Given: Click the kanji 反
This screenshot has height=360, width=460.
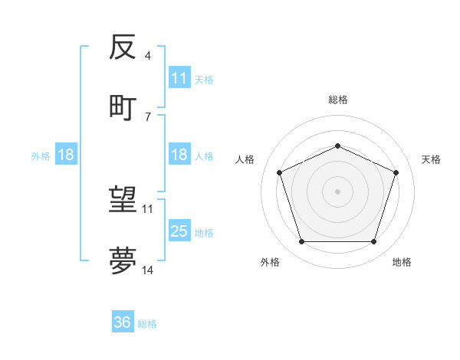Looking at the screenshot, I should (x=123, y=48).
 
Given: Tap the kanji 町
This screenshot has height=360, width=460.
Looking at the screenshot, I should (x=123, y=106).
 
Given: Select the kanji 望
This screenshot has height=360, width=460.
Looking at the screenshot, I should (x=123, y=201).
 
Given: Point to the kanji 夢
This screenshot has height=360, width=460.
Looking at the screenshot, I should (x=123, y=260).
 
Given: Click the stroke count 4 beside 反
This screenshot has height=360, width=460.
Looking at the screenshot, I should (x=148, y=57).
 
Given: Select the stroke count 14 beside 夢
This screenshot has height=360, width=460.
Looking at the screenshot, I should (x=148, y=270).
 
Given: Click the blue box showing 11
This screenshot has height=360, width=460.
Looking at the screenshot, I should (x=179, y=78).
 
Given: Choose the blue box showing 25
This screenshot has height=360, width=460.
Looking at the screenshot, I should (x=179, y=231).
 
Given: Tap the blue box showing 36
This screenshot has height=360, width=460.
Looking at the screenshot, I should (x=123, y=323).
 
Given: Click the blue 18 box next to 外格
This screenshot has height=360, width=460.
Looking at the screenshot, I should (x=66, y=155).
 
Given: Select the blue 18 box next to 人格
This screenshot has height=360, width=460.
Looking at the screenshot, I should (x=179, y=155).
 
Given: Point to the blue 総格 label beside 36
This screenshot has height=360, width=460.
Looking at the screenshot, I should (x=148, y=324).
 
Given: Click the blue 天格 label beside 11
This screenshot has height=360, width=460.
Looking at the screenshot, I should (x=204, y=79).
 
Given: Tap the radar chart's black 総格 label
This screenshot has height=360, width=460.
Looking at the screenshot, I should (x=338, y=100).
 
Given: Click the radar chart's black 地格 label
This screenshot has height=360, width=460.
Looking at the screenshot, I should (x=402, y=262).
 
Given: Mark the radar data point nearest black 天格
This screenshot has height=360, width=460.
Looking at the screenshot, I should (x=396, y=172).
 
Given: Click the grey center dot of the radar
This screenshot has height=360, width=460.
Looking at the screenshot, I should (x=338, y=191).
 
